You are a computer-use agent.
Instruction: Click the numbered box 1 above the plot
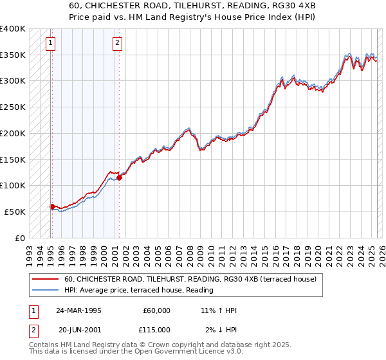click(51, 44)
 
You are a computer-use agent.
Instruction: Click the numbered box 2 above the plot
click(118, 44)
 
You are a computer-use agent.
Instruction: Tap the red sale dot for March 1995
click(52, 206)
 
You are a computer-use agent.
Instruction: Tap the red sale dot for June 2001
click(119, 177)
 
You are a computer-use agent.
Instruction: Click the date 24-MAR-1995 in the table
click(78, 310)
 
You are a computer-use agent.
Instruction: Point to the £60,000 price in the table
click(156, 310)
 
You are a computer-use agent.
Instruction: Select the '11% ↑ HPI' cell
click(219, 310)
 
